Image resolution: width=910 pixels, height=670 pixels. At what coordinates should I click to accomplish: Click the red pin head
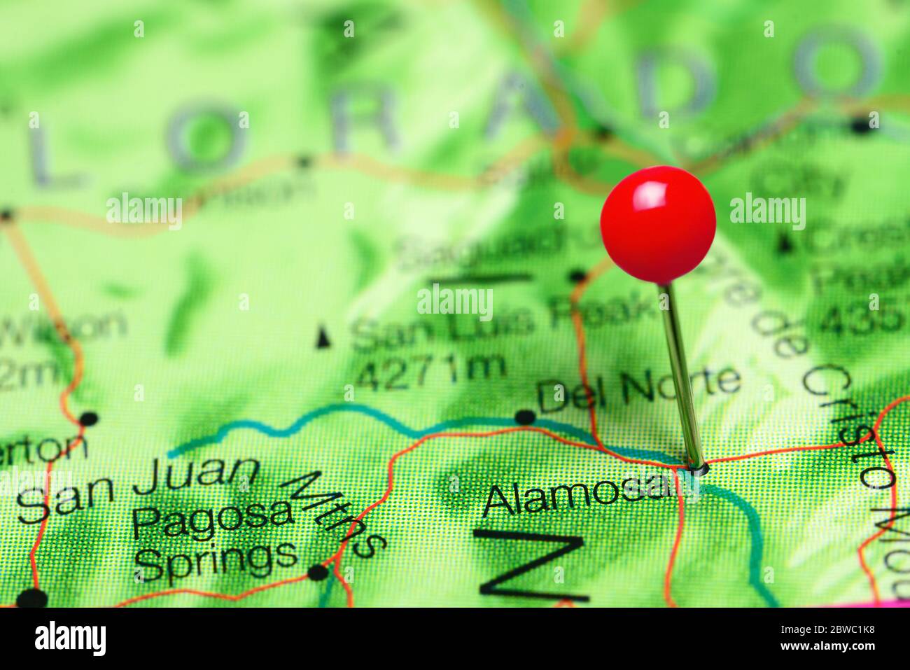[658, 223]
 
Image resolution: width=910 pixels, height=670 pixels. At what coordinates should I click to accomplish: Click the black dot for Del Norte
[524, 417]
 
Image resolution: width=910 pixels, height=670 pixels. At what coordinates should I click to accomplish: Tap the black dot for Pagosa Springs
[318, 573]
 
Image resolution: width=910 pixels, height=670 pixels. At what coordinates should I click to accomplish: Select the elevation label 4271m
[430, 370]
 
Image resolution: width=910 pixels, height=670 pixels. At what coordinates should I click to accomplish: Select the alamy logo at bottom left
[70, 638]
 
